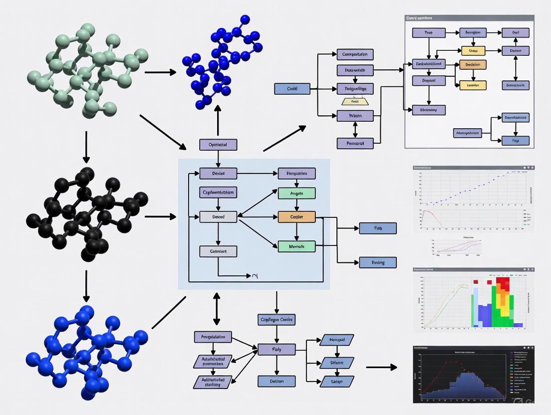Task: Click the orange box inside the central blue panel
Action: tap(296, 216)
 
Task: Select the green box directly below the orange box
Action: tap(296, 246)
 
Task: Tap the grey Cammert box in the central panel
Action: tap(218, 251)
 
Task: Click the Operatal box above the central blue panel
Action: tap(218, 145)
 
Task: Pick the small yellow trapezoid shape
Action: tap(355, 101)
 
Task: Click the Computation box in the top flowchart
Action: tap(355, 54)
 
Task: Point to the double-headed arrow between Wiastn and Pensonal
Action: tap(355, 130)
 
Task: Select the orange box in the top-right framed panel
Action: tap(472, 65)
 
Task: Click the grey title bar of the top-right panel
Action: tap(469, 18)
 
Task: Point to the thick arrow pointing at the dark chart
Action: tap(381, 368)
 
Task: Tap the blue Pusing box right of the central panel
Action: tap(378, 262)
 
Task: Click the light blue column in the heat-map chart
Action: tap(475, 304)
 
